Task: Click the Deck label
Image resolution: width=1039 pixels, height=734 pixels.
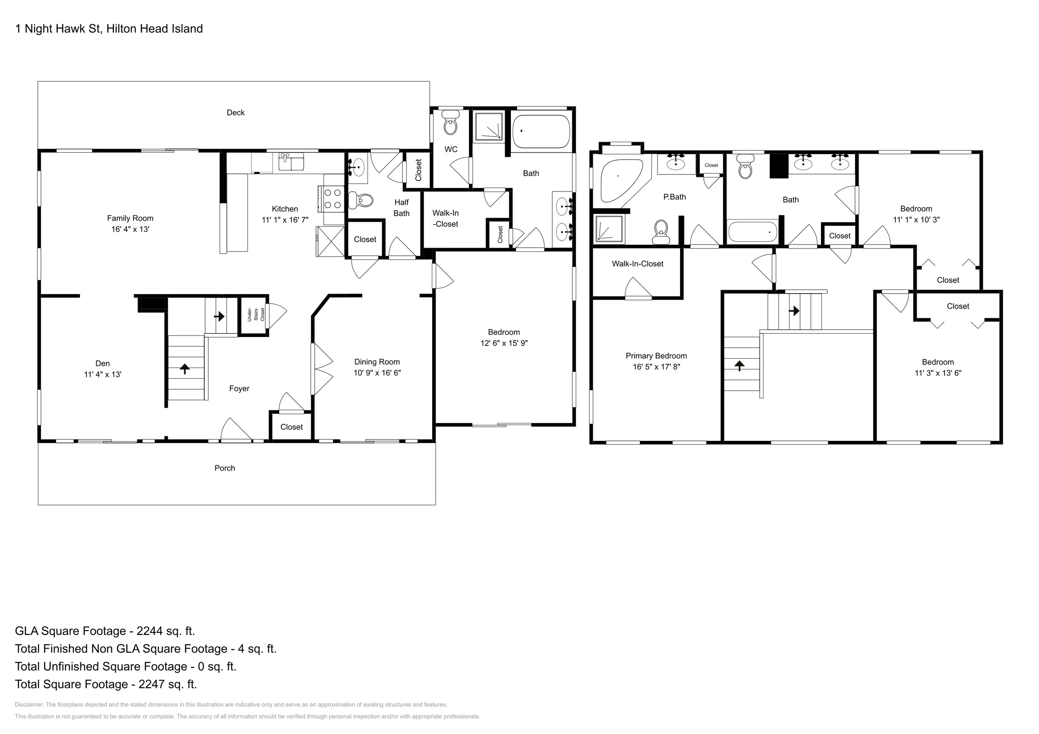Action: tap(235, 113)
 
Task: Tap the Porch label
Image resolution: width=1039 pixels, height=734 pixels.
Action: tap(224, 468)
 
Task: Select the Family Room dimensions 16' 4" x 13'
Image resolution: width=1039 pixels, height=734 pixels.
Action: tap(130, 229)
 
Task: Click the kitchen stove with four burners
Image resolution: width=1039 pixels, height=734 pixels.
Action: tap(332, 199)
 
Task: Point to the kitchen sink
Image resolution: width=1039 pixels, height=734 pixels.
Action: tap(291, 162)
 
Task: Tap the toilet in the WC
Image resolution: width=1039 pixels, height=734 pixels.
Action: tap(450, 123)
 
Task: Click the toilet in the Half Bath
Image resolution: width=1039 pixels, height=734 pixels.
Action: tap(361, 200)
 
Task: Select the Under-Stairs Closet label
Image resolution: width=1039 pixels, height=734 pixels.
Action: tap(255, 315)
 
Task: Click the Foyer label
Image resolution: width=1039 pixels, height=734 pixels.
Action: tap(239, 388)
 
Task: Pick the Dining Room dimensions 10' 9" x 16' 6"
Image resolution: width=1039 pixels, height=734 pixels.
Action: tap(377, 373)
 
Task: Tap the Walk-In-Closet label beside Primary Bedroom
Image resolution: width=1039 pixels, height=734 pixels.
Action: tap(637, 264)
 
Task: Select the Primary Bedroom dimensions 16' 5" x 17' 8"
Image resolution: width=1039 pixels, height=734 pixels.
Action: tap(656, 367)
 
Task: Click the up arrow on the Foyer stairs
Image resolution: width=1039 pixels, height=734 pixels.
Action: tap(185, 368)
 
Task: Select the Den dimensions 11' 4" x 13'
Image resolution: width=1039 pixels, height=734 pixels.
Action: tap(103, 374)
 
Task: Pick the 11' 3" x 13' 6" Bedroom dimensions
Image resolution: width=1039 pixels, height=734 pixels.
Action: tap(938, 373)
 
